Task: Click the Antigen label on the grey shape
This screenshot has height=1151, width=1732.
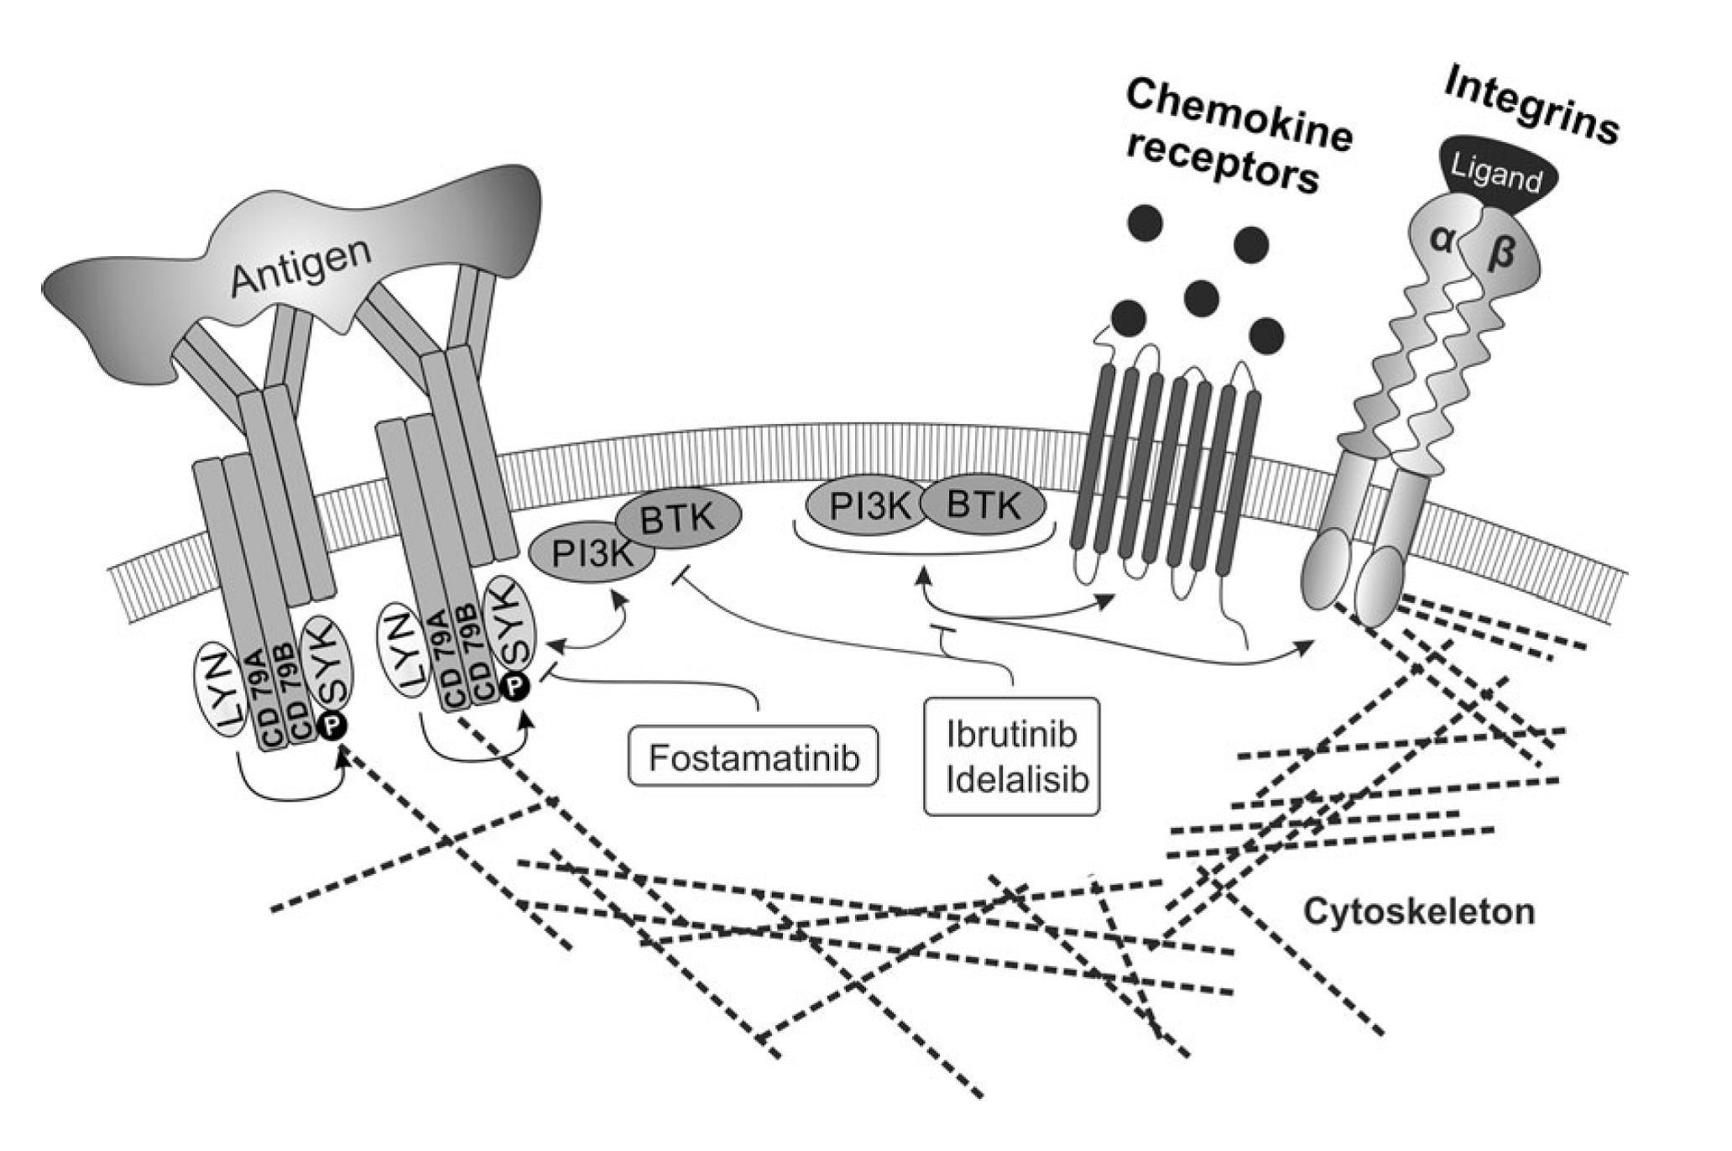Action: (x=301, y=266)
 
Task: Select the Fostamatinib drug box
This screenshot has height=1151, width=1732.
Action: (x=754, y=758)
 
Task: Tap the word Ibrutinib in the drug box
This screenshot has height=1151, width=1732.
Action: (x=1011, y=733)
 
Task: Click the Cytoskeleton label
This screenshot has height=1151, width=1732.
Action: (x=1417, y=911)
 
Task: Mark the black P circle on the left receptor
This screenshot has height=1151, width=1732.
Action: (x=331, y=727)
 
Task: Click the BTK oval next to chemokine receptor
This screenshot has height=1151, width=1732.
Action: (x=984, y=506)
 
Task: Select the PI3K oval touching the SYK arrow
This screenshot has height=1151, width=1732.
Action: (x=591, y=554)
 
